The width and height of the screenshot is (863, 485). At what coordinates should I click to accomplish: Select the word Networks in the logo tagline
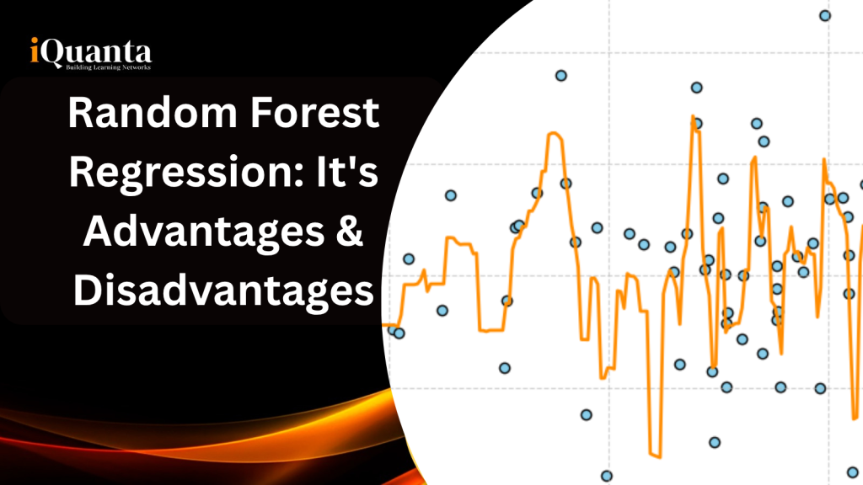(x=133, y=67)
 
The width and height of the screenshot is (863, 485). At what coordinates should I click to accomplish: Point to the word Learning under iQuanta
(x=98, y=67)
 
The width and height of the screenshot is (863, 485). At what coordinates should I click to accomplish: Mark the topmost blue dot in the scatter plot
(x=825, y=15)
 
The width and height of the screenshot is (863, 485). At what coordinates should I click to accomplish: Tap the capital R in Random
(x=82, y=114)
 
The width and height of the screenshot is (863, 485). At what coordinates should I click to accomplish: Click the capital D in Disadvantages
(x=86, y=291)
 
